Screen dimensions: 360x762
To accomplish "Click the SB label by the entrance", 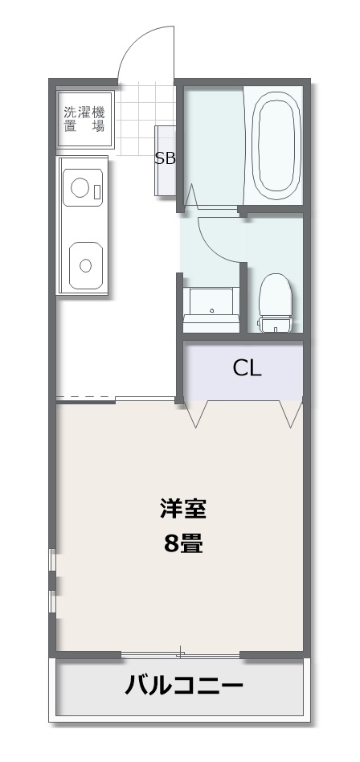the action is coord(165,158).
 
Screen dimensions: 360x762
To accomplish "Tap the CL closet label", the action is coord(247,369).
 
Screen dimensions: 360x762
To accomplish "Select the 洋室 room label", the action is coord(183,510).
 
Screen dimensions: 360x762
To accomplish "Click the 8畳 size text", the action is coord(182,544).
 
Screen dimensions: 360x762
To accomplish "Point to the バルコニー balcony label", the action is coord(184,686).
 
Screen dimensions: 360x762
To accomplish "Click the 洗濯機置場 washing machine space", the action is coord(85,120).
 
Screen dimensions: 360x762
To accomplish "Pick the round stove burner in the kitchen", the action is coord(80,187).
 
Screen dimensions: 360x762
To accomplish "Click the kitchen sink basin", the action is coord(85,265).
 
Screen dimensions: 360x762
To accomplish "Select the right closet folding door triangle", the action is coord(291,414).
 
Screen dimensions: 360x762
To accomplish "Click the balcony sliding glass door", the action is coord(180,656).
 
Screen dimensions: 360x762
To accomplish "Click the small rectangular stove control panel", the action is coord(97,191).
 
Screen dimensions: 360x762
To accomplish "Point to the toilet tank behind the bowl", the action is coord(276,324).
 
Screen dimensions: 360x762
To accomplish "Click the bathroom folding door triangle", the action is coord(190,196).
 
